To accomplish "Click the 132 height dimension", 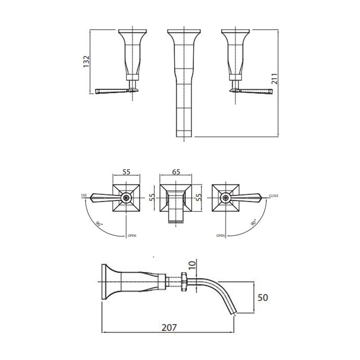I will coord(87,62).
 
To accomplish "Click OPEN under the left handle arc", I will coord(132,235).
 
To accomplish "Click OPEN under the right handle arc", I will coord(220,235).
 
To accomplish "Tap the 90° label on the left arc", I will coord(98,223).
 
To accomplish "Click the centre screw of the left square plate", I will coord(127,197).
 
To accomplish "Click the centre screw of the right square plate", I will coord(225,197).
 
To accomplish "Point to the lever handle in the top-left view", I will coord(112,91).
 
